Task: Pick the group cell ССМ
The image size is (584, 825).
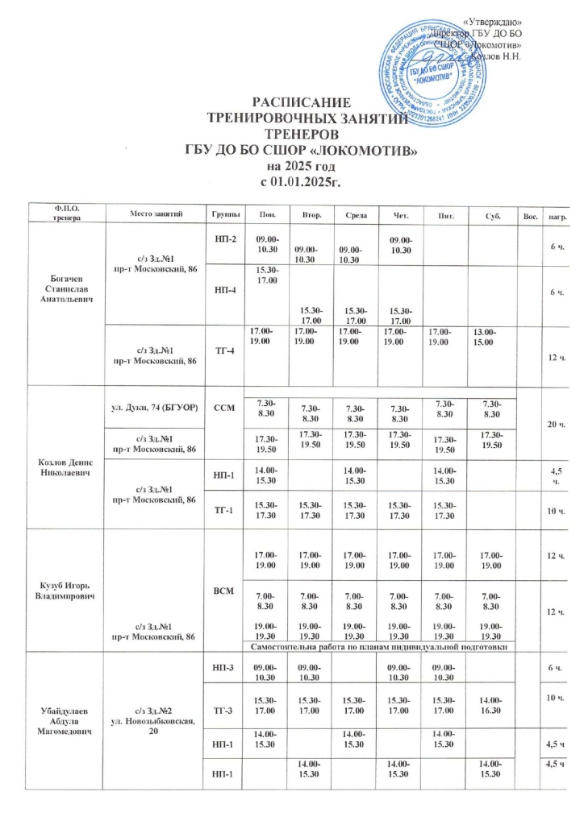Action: (x=225, y=408)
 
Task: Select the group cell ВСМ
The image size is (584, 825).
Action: (x=225, y=591)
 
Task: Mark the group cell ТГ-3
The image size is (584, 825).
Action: (x=225, y=709)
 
